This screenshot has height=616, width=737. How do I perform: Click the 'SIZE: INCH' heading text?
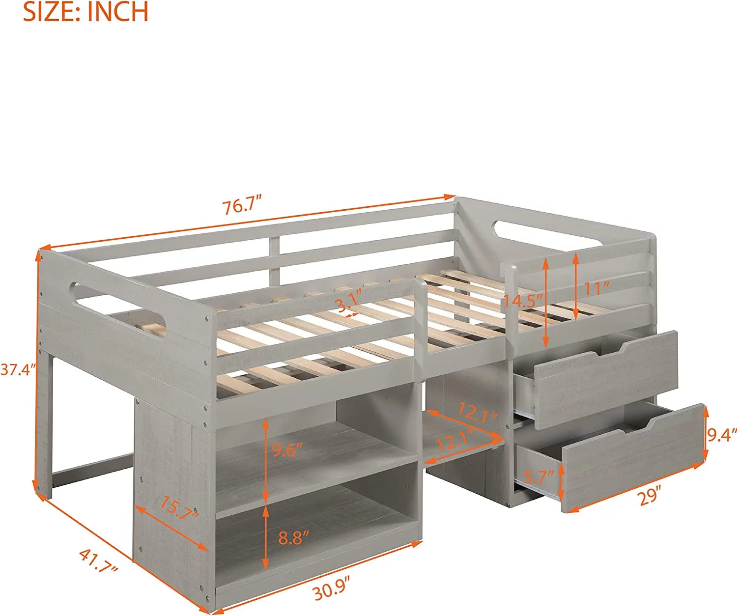pos(85,11)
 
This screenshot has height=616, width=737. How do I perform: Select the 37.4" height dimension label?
pos(18,369)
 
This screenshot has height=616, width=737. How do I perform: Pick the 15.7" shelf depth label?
pos(179,508)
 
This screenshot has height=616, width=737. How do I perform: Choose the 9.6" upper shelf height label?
pos(287,450)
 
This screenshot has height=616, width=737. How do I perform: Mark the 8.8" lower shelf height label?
pos(294,537)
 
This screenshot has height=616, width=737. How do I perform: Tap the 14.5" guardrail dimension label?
pos(523,301)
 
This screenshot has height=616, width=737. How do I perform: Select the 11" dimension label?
pos(597,288)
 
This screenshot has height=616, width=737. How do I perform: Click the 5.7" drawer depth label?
pos(539,477)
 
